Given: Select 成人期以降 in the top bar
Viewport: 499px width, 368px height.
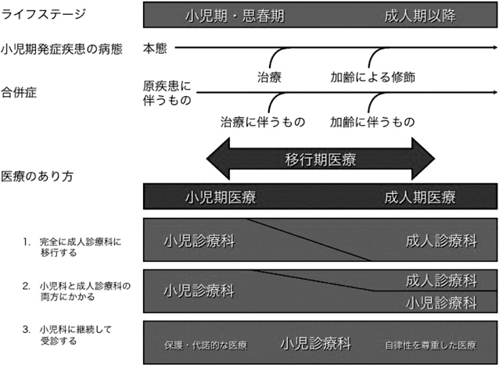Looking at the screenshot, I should [x=419, y=16].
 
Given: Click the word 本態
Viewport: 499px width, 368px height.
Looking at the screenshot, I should [x=155, y=48].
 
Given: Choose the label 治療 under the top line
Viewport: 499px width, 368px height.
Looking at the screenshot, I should [x=269, y=77].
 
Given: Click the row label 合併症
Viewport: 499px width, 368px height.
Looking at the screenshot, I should [x=20, y=92].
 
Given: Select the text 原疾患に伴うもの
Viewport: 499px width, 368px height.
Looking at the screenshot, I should [x=167, y=92].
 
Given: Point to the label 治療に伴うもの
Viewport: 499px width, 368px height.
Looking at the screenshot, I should [x=262, y=122].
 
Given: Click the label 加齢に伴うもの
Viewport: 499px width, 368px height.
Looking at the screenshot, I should [x=372, y=122].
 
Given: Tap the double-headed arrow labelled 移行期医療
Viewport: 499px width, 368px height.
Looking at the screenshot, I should [x=321, y=160].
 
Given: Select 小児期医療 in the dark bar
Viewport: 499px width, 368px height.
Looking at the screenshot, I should [x=221, y=197].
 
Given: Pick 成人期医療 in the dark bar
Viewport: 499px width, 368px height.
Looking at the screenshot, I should [x=419, y=197].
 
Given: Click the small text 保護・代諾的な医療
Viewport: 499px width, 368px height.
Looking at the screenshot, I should [x=205, y=345].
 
